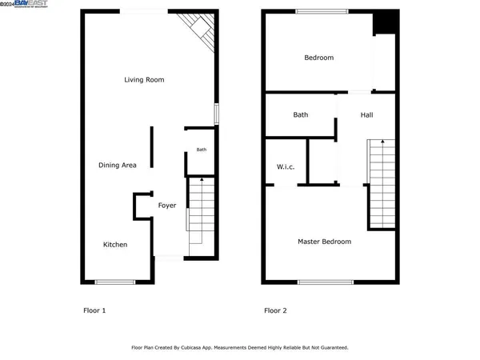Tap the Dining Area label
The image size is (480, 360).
coord(117,166)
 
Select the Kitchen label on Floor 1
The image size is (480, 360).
coord(114,245)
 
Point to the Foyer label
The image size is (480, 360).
coord(166,206)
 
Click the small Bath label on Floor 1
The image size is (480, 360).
coord(202,150)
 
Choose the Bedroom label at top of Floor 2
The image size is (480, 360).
coord(318,58)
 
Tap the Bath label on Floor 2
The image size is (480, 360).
coord(300,114)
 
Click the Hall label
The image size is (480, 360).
coord(366,114)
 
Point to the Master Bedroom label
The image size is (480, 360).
coord(324,242)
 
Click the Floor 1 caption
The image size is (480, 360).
coord(94,310)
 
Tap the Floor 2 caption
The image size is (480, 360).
coord(276,310)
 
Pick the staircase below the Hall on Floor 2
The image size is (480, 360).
coord(382,182)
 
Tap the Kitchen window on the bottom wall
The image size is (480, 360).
coord(114,282)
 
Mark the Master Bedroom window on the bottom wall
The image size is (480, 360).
coord(325,282)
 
